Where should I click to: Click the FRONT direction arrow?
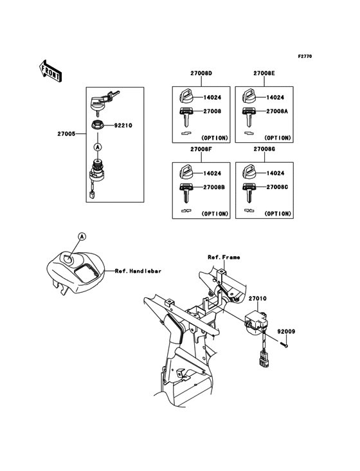click(51, 70)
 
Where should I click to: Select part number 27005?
click(66, 135)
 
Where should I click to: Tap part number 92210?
click(123, 125)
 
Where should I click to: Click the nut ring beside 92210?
click(98, 125)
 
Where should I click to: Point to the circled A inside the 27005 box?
click(98, 147)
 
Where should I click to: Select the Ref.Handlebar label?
click(138, 272)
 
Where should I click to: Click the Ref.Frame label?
click(224, 257)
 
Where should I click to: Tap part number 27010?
click(257, 300)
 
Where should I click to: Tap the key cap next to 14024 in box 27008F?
click(184, 172)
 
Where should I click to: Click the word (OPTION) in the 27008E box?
click(278, 138)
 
